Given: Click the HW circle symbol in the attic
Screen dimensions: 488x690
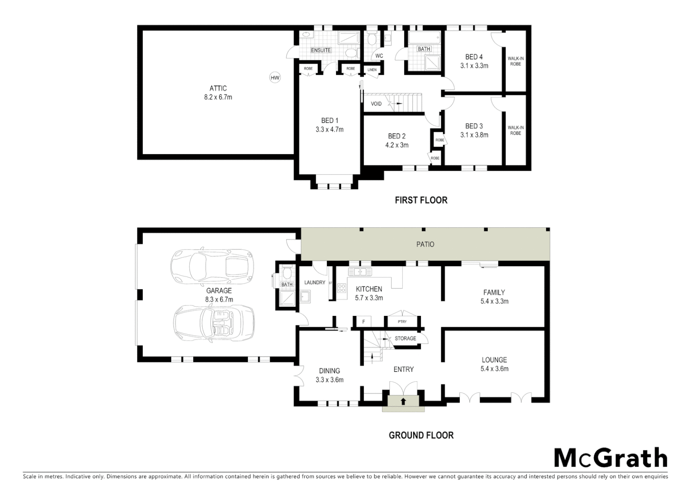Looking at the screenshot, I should point(275,78).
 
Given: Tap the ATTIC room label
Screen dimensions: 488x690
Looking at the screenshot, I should point(218,89).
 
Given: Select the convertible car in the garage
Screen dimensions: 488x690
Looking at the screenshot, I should point(214,322).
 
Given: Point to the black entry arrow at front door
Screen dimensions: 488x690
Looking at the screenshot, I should point(403,401).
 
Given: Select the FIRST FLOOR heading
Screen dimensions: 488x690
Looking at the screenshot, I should point(421,200).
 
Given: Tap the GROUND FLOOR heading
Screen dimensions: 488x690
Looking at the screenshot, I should point(421,436).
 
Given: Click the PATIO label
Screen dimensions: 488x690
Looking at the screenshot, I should point(425,244).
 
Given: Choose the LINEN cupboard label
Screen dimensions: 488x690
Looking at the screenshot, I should point(372,70).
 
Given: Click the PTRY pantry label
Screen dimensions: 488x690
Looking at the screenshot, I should point(402,322).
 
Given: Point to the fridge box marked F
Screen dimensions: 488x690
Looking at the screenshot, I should point(364,322).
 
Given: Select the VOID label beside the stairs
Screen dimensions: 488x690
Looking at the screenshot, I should point(376,104).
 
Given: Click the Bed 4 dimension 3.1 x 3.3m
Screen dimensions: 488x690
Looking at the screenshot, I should point(474,66).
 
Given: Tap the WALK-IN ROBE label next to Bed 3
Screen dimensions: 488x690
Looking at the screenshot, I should point(515,131).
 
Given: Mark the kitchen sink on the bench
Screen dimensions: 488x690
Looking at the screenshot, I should point(360,272).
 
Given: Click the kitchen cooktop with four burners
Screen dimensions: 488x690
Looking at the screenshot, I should point(341,288).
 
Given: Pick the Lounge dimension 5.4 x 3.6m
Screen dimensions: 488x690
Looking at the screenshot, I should point(494,369).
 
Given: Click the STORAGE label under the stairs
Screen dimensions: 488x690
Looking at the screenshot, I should point(405,338).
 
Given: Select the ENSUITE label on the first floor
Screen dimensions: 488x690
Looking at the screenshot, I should point(321,50).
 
